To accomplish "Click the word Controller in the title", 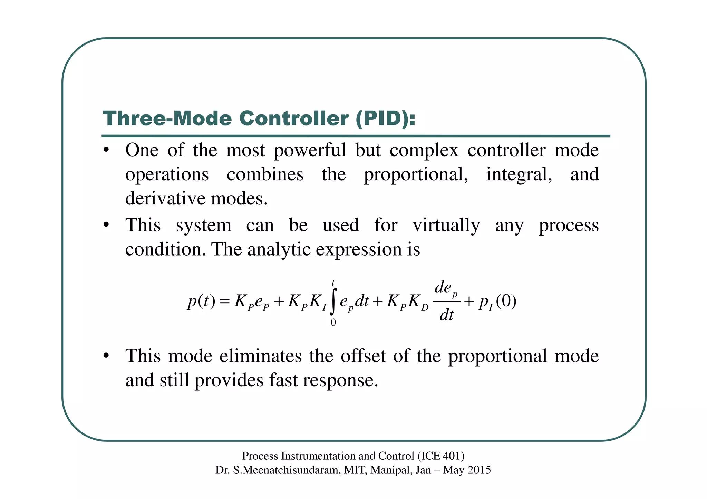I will click(294, 118).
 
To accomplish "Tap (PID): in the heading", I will click(386, 118).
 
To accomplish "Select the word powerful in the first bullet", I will click(310, 150).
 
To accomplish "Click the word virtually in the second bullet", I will click(446, 225).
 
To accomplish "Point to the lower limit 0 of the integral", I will click(333, 322).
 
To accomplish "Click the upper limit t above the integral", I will click(333, 283).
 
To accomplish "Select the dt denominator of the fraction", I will click(446, 315).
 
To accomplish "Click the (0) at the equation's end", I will click(506, 301).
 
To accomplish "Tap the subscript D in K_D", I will click(425, 307).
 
